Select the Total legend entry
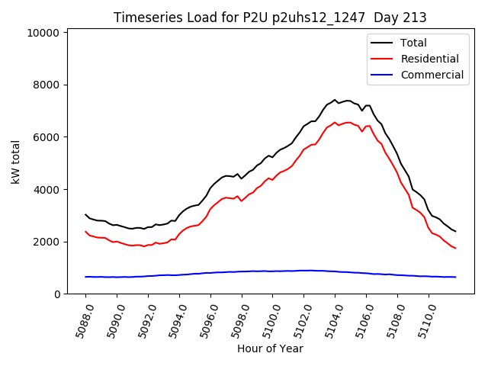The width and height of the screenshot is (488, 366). tap(413, 43)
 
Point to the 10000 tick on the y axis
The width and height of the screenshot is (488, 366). tap(43, 33)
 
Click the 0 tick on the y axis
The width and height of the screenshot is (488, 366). tap(57, 294)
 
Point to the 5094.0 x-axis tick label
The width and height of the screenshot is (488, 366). tap(174, 319)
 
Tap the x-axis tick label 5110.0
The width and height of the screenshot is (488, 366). tap(423, 319)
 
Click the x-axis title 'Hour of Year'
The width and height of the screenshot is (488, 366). tap(270, 348)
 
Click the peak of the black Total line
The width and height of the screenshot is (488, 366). tap(335, 99)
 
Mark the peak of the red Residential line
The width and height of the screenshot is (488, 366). tap(335, 122)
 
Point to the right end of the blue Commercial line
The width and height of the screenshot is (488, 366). tap(455, 277)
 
